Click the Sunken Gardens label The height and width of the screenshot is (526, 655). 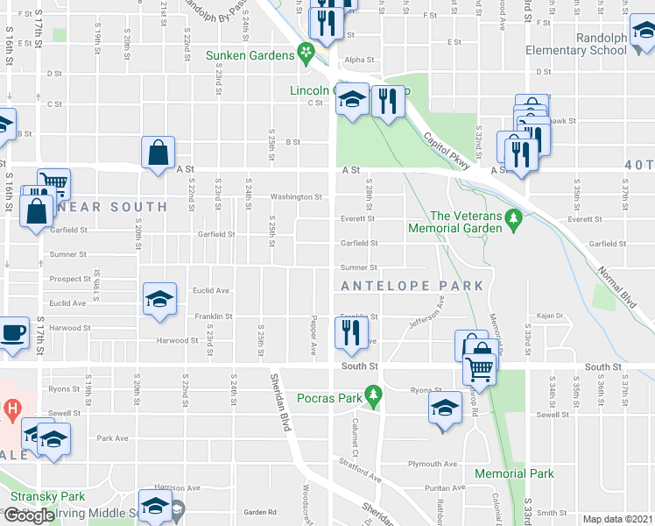click(250, 55)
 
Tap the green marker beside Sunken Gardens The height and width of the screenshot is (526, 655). click(306, 54)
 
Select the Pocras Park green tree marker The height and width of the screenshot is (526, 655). click(374, 398)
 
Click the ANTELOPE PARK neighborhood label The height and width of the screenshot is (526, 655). click(412, 286)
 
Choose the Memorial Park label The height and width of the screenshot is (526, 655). click(514, 473)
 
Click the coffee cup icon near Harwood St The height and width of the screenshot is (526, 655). click(12, 332)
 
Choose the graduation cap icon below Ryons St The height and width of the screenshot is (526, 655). click(445, 408)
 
